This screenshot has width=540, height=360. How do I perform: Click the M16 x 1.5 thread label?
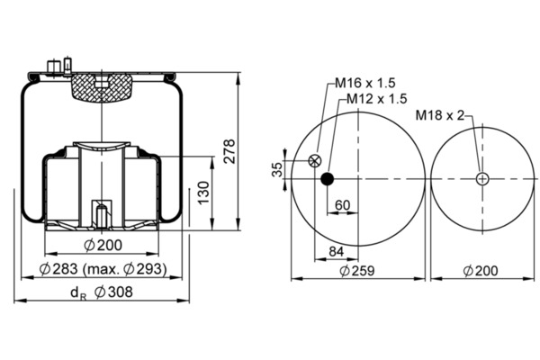tap(365, 83)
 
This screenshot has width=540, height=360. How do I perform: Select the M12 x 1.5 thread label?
tap(377, 99)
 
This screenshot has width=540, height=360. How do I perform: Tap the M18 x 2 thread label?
tap(440, 115)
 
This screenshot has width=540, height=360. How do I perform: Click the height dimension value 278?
tap(229, 151)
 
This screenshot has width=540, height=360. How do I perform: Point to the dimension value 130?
tap(203, 193)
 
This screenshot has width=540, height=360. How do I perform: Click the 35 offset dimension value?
tap(277, 169)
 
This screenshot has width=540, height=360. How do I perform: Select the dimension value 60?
tap(342, 205)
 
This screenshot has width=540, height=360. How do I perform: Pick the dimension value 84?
tap(336, 252)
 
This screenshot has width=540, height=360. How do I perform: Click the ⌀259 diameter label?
tap(357, 271)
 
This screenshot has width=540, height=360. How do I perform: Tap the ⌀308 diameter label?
tap(114, 292)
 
